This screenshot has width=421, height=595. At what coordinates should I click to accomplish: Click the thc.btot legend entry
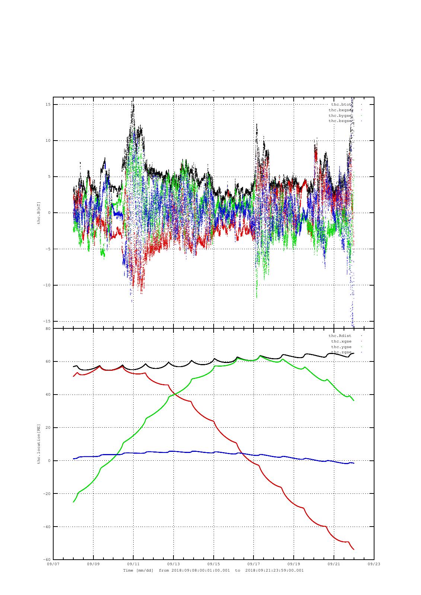[341, 104]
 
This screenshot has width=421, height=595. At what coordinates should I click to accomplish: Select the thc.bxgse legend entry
[340, 110]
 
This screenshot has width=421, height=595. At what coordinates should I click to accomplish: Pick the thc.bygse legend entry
[340, 116]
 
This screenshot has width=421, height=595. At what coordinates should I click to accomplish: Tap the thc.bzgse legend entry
[340, 121]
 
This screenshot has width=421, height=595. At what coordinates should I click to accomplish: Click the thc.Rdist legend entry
[340, 336]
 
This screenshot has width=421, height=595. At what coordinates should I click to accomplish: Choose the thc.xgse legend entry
[341, 341]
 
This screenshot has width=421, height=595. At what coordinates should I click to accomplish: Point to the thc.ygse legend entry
[341, 347]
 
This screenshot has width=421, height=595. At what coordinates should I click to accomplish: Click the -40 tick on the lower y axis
[47, 527]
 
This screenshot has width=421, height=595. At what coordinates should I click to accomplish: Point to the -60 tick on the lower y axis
[47, 560]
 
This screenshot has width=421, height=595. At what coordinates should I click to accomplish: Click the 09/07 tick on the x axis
[53, 564]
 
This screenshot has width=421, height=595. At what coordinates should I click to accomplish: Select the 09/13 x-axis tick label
[173, 564]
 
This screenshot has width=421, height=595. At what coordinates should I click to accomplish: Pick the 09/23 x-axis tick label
[374, 564]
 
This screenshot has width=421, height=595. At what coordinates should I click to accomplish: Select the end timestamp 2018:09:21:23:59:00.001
[275, 570]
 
